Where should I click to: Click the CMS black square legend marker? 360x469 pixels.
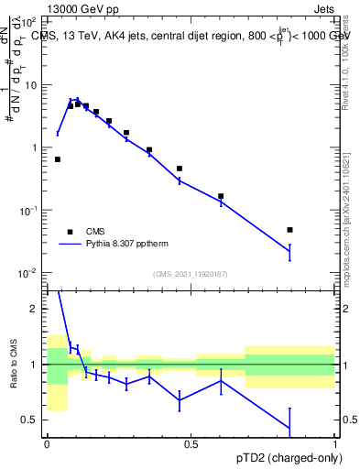point(70,232)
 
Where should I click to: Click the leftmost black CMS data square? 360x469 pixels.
point(58,159)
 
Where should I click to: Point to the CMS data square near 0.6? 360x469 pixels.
point(221,196)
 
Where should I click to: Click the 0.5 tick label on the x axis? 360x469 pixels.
point(191,444)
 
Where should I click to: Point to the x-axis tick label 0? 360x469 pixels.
point(47,444)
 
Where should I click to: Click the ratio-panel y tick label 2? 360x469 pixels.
point(35,310)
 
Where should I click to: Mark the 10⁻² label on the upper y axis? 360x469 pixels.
point(28,273)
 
